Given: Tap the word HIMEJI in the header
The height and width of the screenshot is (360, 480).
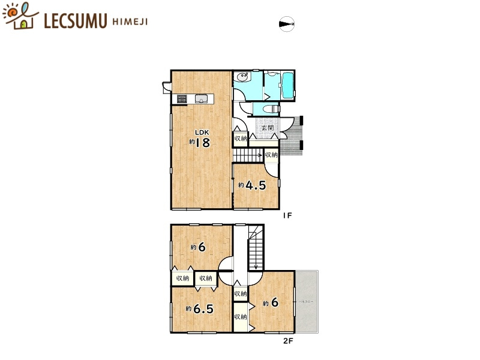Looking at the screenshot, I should click(130, 22).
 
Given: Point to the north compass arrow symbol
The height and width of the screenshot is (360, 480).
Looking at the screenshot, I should click(287, 24).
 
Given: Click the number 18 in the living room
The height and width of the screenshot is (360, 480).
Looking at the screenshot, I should click(202, 143).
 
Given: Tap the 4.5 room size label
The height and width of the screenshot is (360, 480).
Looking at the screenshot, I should click(254, 185).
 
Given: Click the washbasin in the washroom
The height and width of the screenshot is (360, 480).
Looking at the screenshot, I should click(242, 77).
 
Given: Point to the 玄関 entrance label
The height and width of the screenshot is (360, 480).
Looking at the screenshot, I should click(267, 128).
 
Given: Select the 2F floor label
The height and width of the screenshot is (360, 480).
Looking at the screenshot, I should click(289, 342).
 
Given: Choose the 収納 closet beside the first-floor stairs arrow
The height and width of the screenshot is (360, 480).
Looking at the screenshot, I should click(271, 155).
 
